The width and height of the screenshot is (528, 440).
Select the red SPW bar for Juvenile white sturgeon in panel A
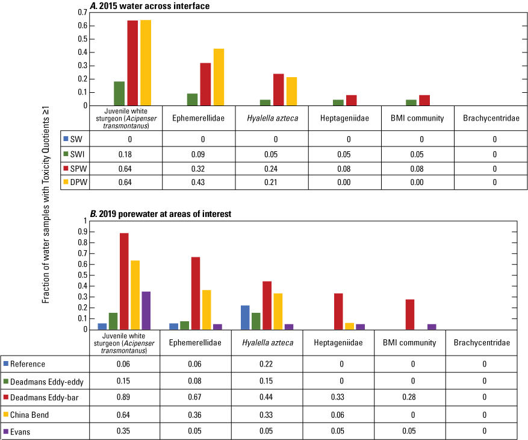(x=132, y=63)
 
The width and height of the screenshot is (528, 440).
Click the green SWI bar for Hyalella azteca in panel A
(x=266, y=102)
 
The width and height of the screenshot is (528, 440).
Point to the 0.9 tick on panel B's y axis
(x=83, y=231)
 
